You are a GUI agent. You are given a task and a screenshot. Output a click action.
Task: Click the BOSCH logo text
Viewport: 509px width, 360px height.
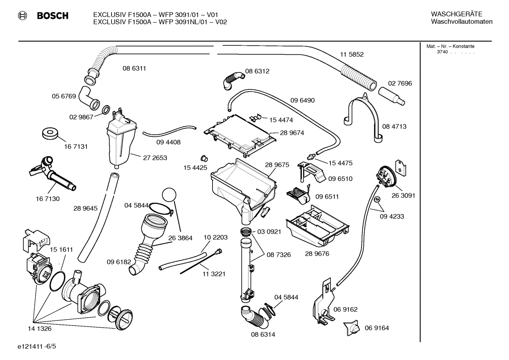point(52,16)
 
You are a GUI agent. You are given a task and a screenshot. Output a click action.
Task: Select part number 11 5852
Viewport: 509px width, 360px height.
point(352,54)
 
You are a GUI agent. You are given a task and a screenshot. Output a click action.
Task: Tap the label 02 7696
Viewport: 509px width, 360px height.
point(400,83)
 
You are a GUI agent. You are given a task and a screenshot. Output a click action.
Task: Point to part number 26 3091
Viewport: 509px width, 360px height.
point(403,195)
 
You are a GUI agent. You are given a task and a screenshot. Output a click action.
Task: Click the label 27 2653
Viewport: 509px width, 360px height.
point(155,158)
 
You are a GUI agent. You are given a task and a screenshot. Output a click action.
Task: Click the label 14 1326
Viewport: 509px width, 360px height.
point(40,329)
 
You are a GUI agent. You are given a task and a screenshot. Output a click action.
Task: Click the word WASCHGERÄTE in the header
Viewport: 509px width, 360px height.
point(456,14)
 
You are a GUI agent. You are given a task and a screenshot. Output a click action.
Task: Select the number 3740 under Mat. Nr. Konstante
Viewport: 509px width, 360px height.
point(442,52)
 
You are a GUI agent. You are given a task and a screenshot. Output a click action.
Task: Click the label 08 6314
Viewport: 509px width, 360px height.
point(263,334)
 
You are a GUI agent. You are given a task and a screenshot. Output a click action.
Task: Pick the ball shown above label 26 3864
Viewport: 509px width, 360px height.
point(169,195)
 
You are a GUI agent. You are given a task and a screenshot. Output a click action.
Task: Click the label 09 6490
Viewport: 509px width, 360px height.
point(303,100)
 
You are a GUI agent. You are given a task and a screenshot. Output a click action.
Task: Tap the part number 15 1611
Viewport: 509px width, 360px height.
point(61,249)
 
